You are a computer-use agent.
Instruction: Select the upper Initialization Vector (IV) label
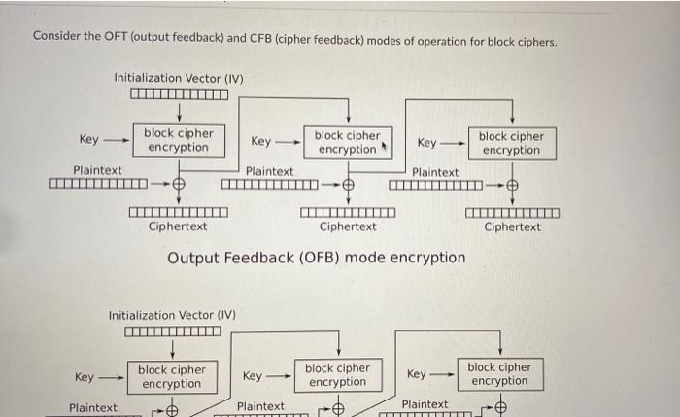179,78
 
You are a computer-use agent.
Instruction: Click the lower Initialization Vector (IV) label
172,315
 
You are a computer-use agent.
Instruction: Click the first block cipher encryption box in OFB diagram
179,140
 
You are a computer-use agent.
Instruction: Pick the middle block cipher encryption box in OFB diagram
347,142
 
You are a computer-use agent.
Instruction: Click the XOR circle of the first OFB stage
180,183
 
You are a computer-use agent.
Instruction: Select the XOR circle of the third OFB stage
512,184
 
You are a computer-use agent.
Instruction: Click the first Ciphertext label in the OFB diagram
178,227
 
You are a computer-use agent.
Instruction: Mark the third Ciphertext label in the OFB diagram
512,227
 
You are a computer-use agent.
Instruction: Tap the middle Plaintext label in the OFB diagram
270,171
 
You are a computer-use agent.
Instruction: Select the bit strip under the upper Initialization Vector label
179,95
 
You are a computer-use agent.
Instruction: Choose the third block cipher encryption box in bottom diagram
499,374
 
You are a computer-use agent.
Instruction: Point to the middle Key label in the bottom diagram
253,376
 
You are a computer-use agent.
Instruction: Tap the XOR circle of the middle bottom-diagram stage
339,409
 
